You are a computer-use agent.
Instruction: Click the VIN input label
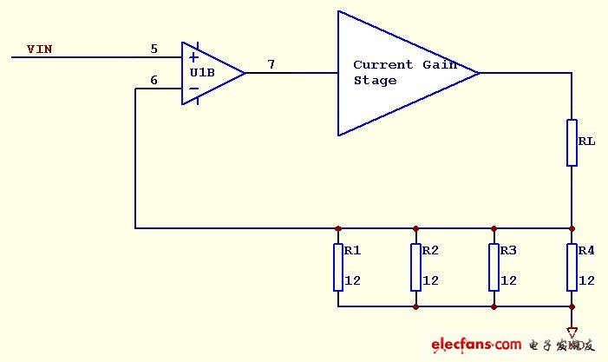pos(39,49)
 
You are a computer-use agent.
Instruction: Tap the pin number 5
pos(154,49)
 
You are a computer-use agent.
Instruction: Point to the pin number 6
pos(154,81)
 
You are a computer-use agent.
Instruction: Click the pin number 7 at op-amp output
pos(271,64)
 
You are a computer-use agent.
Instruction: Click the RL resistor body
pos(572,142)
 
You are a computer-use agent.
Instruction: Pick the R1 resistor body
pos(337,267)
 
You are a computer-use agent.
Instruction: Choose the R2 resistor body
pos(415,267)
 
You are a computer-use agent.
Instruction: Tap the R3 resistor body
pos(494,267)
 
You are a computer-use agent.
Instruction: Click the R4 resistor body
pos(572,267)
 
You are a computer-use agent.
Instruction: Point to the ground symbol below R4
pos(572,332)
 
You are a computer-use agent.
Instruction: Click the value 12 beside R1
pos(352,280)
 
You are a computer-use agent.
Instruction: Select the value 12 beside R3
pos(508,280)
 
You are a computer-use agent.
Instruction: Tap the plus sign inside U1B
pos(193,57)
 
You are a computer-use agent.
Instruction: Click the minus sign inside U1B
pos(193,89)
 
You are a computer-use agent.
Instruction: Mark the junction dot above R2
pos(415,228)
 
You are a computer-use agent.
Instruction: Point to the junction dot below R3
pos(494,306)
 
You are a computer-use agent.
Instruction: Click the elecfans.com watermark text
pos(476,345)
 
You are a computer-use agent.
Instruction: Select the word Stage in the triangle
pos(375,81)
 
